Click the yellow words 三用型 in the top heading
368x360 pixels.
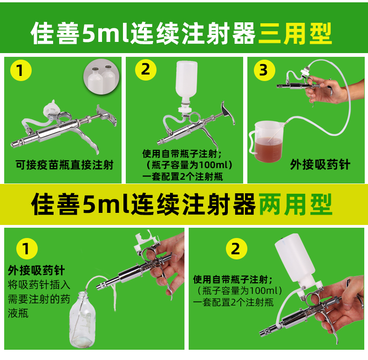tap(295, 33)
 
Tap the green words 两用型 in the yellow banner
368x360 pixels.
tap(295, 204)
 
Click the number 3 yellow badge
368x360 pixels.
tap(264, 70)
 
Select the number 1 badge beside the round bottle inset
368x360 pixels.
tap(20, 71)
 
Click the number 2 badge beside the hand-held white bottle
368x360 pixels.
tap(236, 249)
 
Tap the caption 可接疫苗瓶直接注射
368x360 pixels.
tap(64, 165)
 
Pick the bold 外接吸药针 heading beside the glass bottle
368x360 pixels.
tap(36, 271)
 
